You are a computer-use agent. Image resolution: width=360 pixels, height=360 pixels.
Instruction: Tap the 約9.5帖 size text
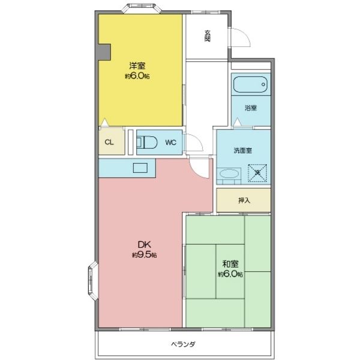click(x=145, y=255)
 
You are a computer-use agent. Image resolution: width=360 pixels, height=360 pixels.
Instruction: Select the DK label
click(x=144, y=244)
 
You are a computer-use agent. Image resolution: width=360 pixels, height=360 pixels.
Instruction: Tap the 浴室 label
click(x=251, y=108)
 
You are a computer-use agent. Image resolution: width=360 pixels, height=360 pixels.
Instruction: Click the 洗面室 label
click(x=243, y=151)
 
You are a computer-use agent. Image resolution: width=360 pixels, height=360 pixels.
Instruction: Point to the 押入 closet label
click(x=244, y=200)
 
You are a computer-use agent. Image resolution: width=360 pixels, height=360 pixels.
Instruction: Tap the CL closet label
click(x=109, y=143)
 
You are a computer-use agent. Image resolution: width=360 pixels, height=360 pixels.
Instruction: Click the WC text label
click(x=170, y=143)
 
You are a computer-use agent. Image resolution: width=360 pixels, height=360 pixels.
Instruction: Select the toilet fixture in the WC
click(x=147, y=143)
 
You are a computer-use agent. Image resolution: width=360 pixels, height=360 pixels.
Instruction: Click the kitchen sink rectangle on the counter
click(x=141, y=169)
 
